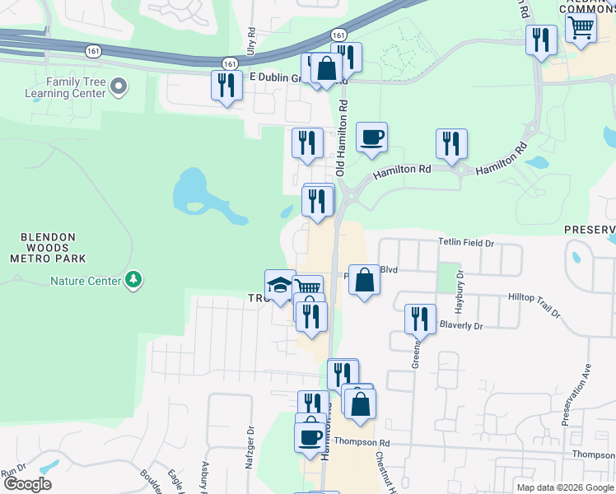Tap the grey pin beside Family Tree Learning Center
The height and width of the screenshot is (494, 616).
pyautogui.click(x=119, y=86)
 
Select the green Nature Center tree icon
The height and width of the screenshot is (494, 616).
pyautogui.click(x=133, y=281)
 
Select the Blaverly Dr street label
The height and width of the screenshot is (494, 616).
pyautogui.click(x=460, y=325)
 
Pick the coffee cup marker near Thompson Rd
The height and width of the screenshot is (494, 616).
pyautogui.click(x=310, y=436)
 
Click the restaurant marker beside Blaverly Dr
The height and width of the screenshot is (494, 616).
pyautogui.click(x=421, y=318)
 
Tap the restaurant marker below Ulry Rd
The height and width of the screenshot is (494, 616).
pyautogui.click(x=226, y=86)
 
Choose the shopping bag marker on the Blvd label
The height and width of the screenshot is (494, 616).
pyautogui.click(x=364, y=281)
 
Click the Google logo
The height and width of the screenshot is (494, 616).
pyautogui.click(x=26, y=484)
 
